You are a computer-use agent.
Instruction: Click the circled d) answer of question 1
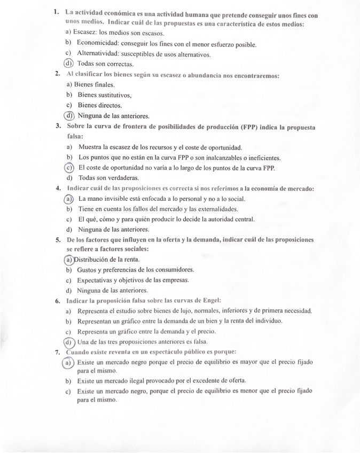68,64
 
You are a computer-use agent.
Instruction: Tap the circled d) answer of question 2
69,115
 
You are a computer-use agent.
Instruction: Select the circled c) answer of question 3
69,168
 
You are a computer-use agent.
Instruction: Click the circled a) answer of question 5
69,260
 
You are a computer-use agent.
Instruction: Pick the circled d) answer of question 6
69,342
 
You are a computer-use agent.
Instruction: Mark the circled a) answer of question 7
68,363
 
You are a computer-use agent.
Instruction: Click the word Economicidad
98,44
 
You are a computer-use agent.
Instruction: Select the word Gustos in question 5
88,270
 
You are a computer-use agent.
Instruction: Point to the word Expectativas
96,280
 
